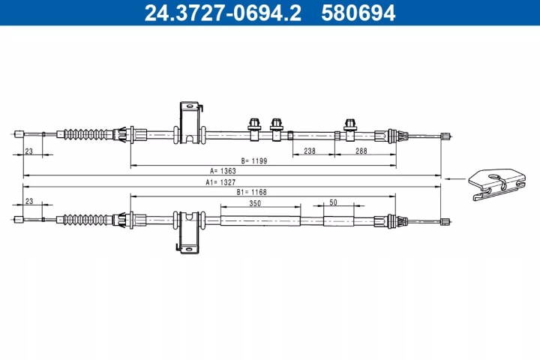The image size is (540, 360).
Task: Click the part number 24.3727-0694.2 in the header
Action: tap(223, 13)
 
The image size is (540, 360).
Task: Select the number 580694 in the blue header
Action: tap(358, 13)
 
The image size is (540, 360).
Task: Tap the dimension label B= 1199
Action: tap(254, 161)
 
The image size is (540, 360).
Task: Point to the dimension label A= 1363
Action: tap(223, 171)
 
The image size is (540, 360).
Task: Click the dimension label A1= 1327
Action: tap(220, 182)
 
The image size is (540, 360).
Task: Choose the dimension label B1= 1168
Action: tap(252, 192)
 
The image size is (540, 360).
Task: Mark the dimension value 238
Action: tap(310, 151)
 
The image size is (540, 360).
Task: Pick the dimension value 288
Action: tap(361, 151)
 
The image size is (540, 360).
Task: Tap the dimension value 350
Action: tap(255, 203)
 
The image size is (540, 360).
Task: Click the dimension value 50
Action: tap(333, 202)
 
